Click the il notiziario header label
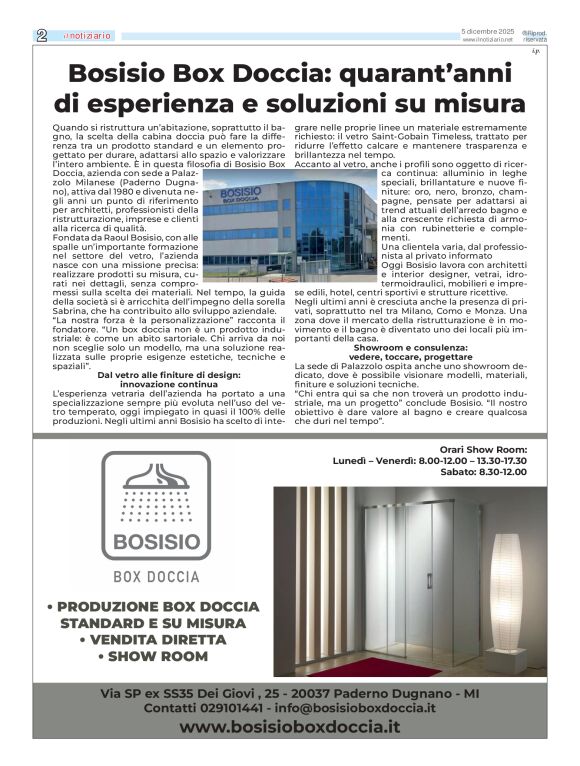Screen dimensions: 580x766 coord(88,36)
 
